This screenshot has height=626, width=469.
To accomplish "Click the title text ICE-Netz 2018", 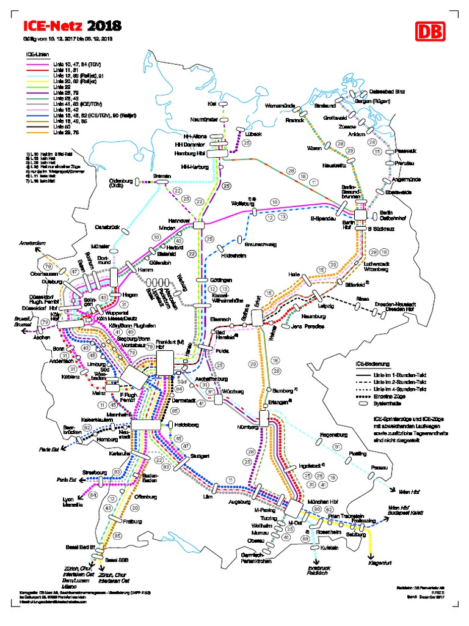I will (72, 26).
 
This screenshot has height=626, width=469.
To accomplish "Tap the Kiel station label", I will (213, 104).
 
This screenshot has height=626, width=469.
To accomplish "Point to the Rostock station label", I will (294, 120).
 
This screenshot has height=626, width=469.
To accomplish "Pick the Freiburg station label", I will (133, 521).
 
